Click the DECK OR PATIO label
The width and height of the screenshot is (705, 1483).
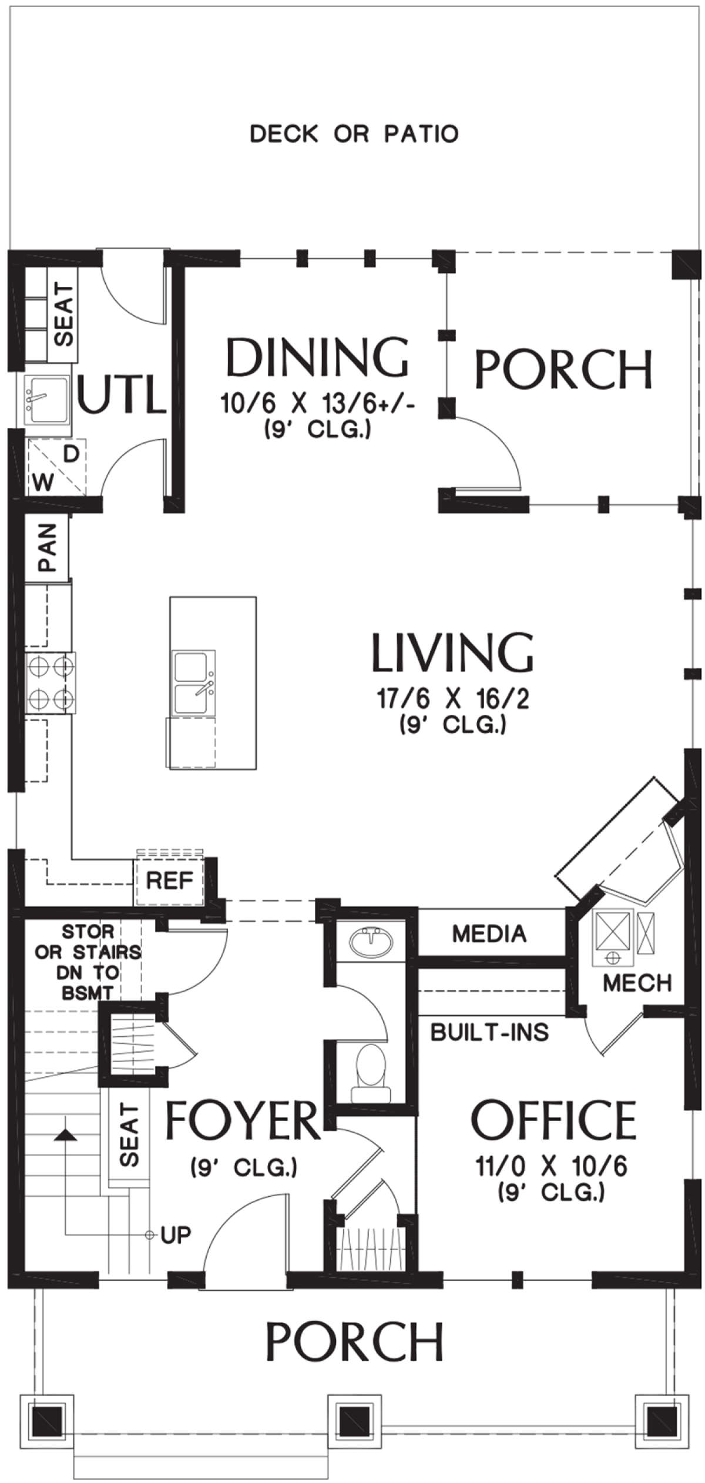tap(354, 134)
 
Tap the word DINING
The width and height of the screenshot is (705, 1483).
tap(317, 357)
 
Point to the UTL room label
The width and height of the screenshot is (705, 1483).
tap(122, 396)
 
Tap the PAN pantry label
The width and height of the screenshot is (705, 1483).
tap(47, 548)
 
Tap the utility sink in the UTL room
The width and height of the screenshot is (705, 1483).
tap(46, 401)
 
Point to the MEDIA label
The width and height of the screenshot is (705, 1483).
tap(489, 933)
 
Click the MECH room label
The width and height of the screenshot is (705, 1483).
tap(637, 982)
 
